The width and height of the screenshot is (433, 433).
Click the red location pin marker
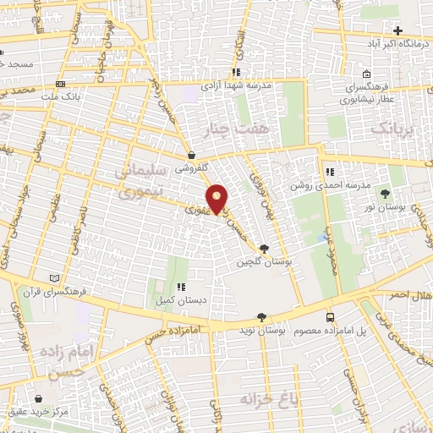[217, 199]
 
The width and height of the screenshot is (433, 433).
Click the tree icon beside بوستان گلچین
[264, 249]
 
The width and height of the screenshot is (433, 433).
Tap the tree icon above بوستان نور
[386, 194]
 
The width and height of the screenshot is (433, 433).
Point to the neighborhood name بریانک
[394, 128]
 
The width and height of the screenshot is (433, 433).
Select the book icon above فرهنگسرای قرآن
[55, 278]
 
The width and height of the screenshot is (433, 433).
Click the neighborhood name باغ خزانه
[271, 397]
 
